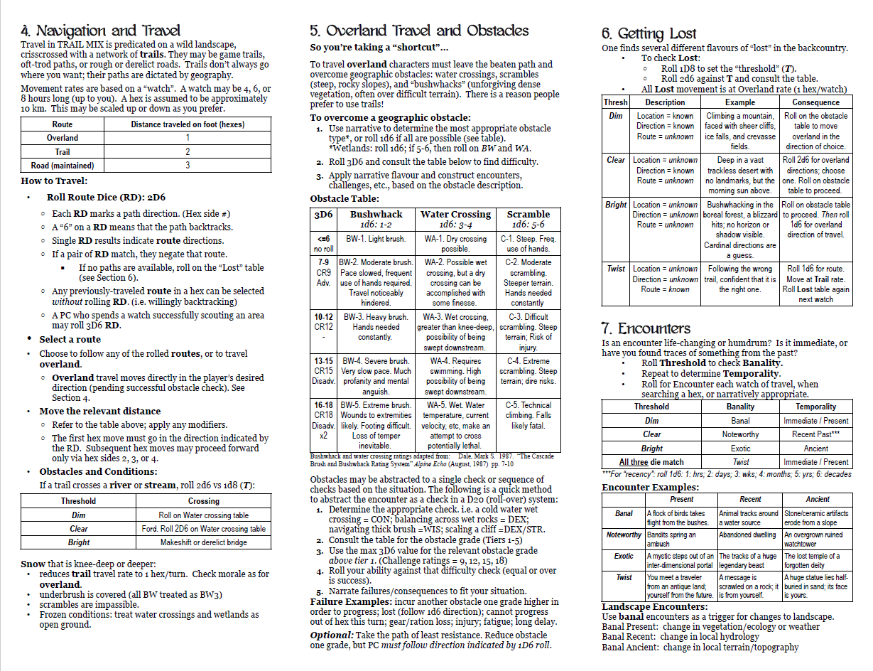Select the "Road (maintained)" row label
coord(63,166)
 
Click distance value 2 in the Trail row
coord(188,152)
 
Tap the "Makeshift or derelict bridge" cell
coord(204,542)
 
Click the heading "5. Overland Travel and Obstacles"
coord(419,31)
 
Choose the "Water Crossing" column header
coord(455,214)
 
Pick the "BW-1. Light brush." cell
coord(376,240)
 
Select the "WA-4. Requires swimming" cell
coord(455,371)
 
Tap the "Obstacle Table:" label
coord(345,199)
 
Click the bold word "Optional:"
coord(332,635)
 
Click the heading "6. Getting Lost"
coord(649,33)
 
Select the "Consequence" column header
coord(816,102)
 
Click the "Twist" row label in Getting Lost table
coord(616,269)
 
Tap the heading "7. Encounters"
coord(646,328)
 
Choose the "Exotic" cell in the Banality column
coord(740,449)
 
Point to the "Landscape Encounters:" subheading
coord(644,606)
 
